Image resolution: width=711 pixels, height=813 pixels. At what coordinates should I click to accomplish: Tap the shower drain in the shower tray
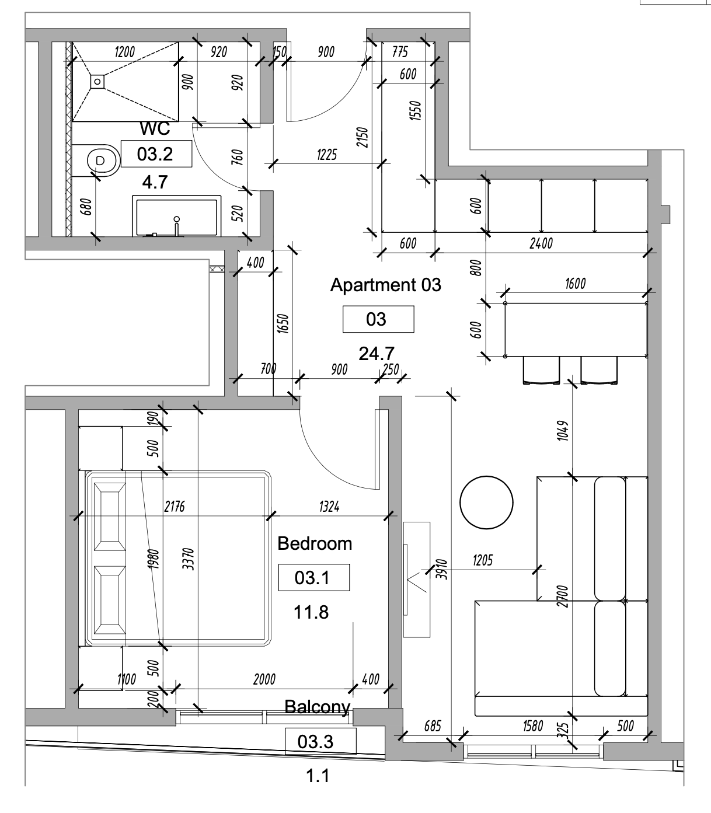(97, 81)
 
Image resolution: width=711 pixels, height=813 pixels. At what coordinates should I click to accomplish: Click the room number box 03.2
(156, 154)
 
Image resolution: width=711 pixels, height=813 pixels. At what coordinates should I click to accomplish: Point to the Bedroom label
(315, 544)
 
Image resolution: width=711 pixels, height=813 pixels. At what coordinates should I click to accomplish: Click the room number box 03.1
(313, 578)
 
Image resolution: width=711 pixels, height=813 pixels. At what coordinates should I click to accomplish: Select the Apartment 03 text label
(386, 285)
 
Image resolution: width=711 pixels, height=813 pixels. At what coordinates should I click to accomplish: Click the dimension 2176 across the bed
(174, 507)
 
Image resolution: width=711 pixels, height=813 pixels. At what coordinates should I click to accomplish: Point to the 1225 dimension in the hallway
(326, 155)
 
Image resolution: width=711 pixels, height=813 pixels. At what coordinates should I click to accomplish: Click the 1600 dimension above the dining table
(575, 284)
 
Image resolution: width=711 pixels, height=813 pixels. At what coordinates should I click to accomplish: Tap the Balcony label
(317, 707)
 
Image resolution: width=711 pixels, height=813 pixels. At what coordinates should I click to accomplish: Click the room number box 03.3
(320, 742)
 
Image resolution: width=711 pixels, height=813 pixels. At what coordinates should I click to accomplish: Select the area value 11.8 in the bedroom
(312, 612)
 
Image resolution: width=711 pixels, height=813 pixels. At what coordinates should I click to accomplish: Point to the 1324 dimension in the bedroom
(329, 507)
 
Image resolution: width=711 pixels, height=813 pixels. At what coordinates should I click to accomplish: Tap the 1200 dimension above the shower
(124, 52)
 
